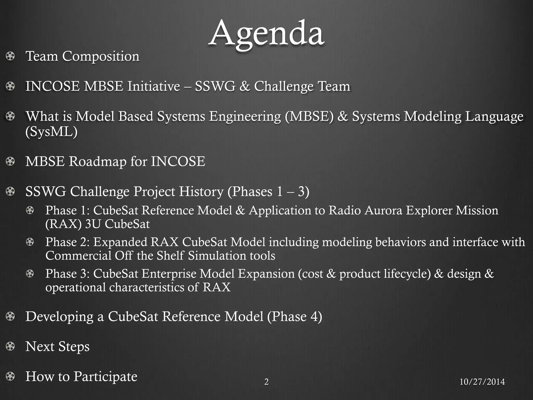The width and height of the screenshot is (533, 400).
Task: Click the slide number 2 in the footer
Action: pyautogui.click(x=266, y=382)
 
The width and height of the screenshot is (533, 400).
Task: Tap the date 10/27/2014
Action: pyautogui.click(x=482, y=382)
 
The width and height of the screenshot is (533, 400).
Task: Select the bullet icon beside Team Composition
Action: pyautogui.click(x=10, y=56)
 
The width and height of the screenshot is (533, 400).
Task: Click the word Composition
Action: pyautogui.click(x=101, y=57)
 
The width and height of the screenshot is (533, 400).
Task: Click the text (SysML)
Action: pyautogui.click(x=52, y=132)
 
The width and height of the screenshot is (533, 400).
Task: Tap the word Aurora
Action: pyautogui.click(x=384, y=210)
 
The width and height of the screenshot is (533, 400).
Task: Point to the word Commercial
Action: pyautogui.click(x=78, y=255)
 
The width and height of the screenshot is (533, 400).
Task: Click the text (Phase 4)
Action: pyautogui.click(x=295, y=317)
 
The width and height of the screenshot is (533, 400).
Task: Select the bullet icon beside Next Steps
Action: pyautogui.click(x=10, y=346)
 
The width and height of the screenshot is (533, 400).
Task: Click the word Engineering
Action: pyautogui.click(x=245, y=116)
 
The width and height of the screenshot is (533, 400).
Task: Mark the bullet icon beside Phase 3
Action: pyautogui.click(x=30, y=274)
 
